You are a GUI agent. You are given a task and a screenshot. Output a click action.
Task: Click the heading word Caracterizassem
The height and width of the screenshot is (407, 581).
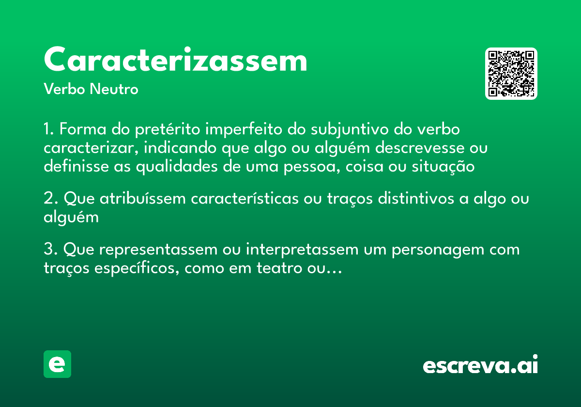[175, 60]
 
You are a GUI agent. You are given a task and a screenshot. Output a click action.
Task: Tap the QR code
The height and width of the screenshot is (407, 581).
[511, 74]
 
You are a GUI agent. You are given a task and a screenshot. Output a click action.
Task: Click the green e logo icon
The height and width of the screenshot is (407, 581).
[57, 364]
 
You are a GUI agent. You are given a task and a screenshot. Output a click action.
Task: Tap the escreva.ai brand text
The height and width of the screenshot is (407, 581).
[480, 365]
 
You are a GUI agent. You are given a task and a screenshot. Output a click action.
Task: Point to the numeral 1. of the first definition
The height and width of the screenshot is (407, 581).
[49, 130]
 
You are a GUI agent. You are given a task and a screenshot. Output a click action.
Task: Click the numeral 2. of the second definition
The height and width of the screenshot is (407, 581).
[50, 199]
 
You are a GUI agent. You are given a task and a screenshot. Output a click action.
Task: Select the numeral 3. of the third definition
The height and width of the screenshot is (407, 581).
[50, 250]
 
